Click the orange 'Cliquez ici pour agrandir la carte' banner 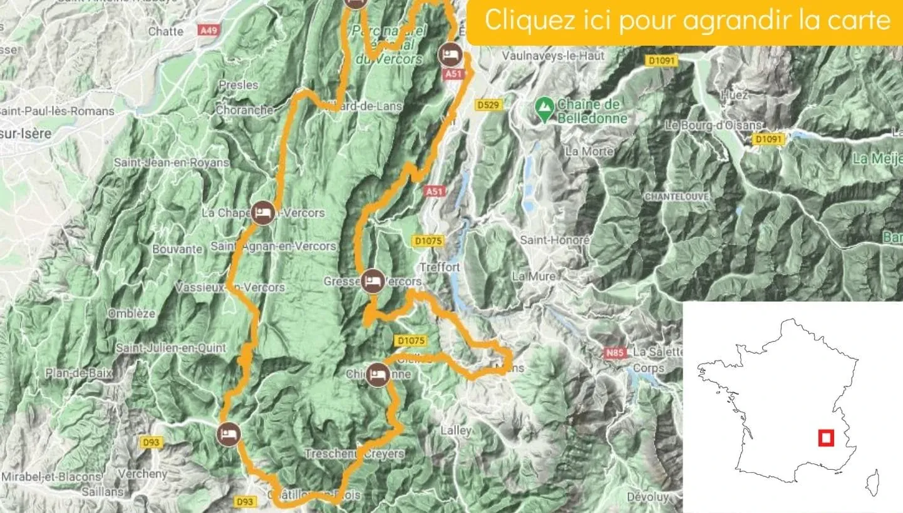click(x=687, y=21)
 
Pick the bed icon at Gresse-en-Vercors click(x=373, y=280)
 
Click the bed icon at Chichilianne click(x=377, y=374)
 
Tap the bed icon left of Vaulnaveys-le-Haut click(x=450, y=54)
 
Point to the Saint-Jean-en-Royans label click(x=171, y=163)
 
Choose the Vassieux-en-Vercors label click(x=230, y=288)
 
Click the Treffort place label click(x=440, y=267)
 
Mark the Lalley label click(x=455, y=430)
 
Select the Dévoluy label click(x=648, y=497)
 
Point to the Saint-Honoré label click(x=555, y=240)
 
